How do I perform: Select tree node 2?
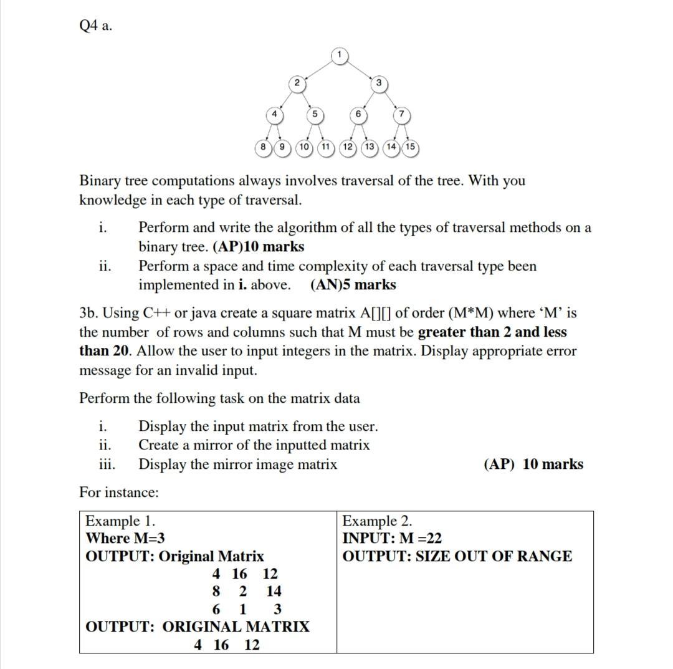pyautogui.click(x=297, y=83)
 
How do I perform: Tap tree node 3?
pyautogui.click(x=378, y=83)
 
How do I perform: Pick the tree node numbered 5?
pyautogui.click(x=315, y=115)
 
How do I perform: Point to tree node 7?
pyautogui.click(x=401, y=115)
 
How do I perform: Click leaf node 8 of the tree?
pyautogui.click(x=264, y=147)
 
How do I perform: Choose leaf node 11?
pyautogui.click(x=325, y=147)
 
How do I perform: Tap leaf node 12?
pyautogui.click(x=348, y=147)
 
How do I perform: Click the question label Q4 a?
pyautogui.click(x=96, y=26)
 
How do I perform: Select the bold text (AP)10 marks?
pyautogui.click(x=259, y=247)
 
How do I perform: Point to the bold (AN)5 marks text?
pyautogui.click(x=353, y=285)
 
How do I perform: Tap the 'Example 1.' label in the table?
pyautogui.click(x=120, y=521)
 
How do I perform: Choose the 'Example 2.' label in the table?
pyautogui.click(x=377, y=521)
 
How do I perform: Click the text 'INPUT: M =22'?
pyautogui.click(x=392, y=538)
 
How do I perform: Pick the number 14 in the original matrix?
pyautogui.click(x=274, y=591)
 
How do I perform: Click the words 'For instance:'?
pyautogui.click(x=119, y=493)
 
